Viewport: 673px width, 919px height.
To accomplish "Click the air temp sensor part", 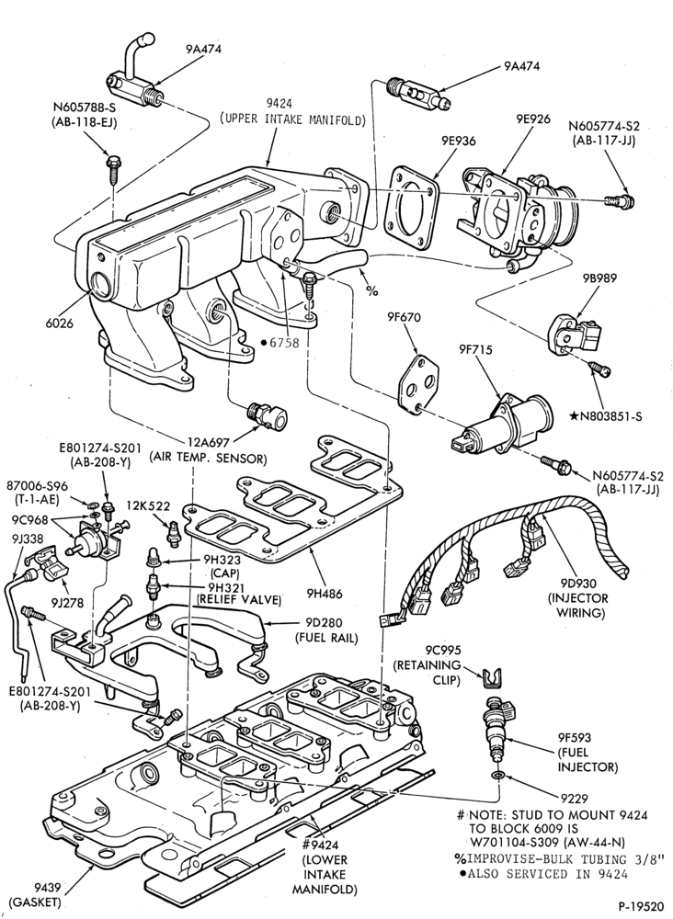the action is pos(268,415).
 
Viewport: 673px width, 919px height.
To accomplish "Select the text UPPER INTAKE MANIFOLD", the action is pos(292,119).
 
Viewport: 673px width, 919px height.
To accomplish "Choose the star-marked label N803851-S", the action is pos(606,416).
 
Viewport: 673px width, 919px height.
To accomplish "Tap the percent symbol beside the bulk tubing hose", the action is pos(371,290).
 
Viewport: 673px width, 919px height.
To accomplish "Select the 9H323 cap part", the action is pos(152,560).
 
